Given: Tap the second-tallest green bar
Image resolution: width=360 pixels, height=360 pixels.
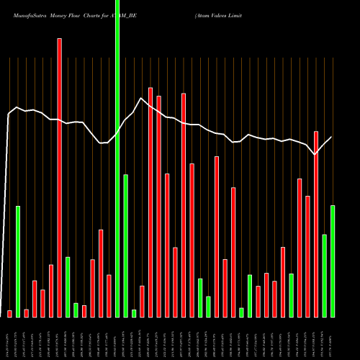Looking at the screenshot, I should [x=125, y=245].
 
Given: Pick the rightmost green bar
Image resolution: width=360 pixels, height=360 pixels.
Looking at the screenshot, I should [x=333, y=261].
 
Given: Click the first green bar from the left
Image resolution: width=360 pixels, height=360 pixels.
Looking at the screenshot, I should [x=18, y=261].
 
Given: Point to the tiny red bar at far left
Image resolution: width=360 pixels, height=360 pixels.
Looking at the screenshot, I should [x=9, y=313].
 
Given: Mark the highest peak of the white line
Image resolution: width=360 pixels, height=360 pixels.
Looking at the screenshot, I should [x=141, y=99].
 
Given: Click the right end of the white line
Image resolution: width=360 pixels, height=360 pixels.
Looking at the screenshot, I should [x=331, y=138].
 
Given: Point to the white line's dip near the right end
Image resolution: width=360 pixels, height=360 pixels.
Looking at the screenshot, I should [x=315, y=154].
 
